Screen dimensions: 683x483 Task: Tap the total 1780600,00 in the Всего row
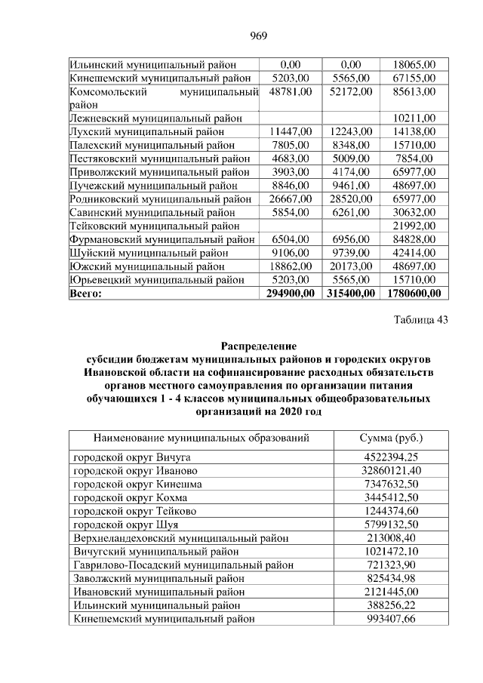[413, 293]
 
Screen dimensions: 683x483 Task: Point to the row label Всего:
[85, 293]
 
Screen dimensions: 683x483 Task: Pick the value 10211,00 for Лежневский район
[414, 118]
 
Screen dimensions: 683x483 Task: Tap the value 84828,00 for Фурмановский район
[414, 238]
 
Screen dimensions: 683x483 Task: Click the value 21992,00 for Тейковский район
[414, 225]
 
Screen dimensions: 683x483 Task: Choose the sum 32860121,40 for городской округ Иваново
[390, 471]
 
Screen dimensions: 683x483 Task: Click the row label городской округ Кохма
[130, 498]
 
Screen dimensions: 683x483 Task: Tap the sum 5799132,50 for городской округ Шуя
[390, 525]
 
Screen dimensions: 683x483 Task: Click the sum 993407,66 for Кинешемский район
[390, 618]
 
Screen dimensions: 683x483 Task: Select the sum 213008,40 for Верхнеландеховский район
[390, 538]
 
